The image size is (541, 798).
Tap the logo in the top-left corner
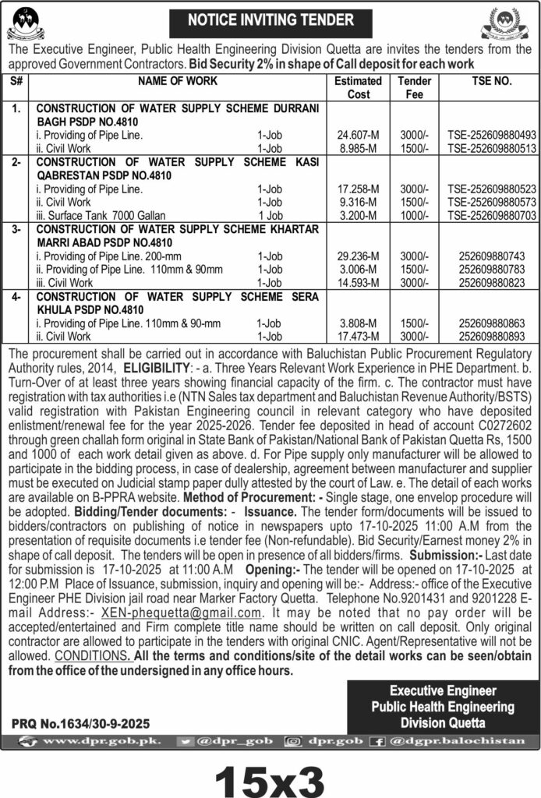26,22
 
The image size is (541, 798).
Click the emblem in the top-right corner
506,23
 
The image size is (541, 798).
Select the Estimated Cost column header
358,87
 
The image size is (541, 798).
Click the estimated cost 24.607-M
359,134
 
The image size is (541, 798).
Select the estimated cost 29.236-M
359,256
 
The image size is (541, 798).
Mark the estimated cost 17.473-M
359,336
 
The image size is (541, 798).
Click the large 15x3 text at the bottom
270,776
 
